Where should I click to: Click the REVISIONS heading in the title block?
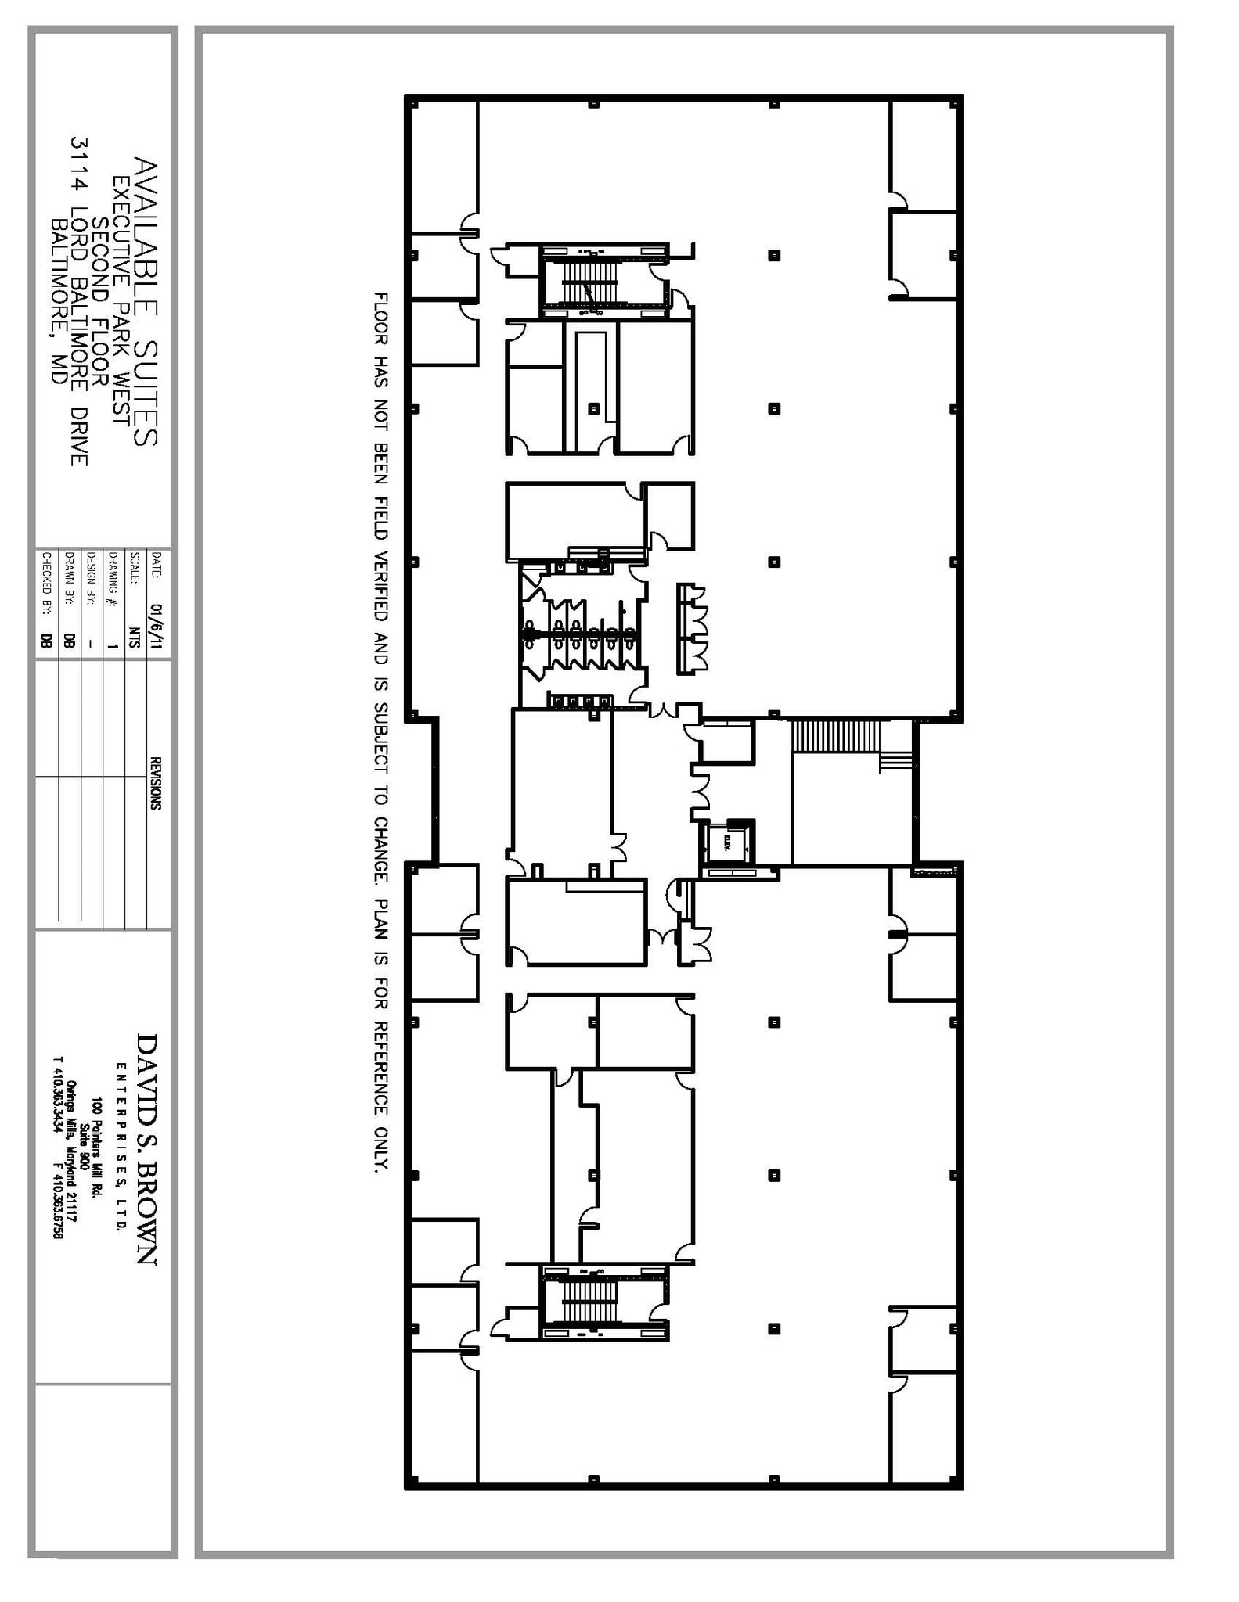[156, 783]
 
